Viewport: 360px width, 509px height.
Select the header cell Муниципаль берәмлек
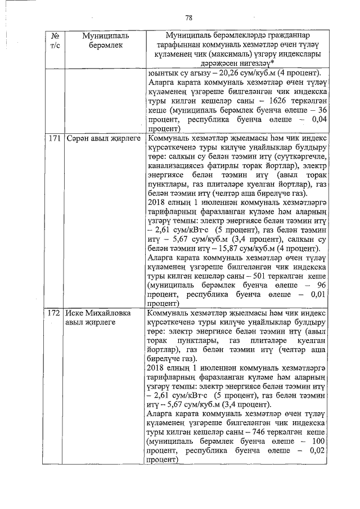point(105,40)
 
